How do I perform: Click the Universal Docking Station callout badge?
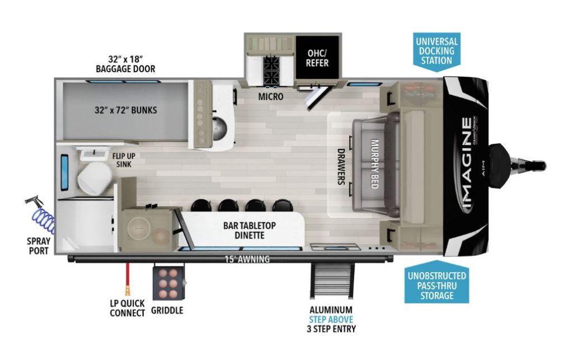[x=436, y=50]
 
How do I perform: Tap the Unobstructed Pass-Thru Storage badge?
[x=436, y=286]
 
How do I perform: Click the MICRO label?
[x=270, y=97]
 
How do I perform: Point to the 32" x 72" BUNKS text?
[x=125, y=110]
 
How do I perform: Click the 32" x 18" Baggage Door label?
[x=124, y=63]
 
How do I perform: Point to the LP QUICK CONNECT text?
[x=127, y=308]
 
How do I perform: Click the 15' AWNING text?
[x=247, y=259]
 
